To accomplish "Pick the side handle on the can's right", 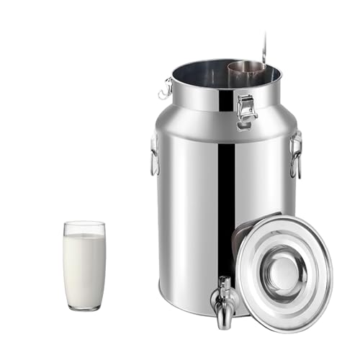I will (295, 155).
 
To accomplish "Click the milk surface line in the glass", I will (84, 235).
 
